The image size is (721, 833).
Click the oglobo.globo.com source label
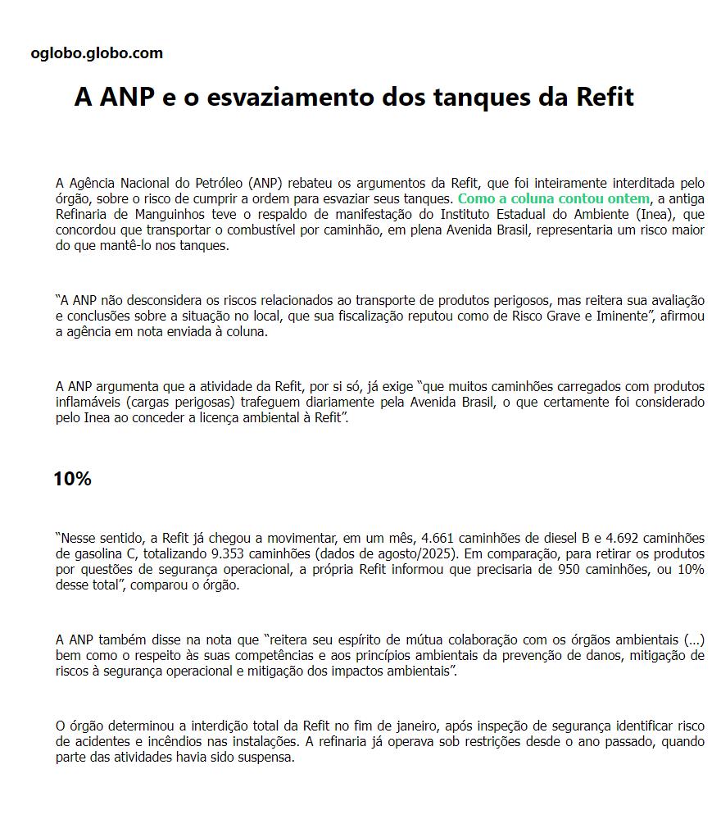point(97,53)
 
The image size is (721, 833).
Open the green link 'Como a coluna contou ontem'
point(553,198)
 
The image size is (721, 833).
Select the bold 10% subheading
point(72,480)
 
